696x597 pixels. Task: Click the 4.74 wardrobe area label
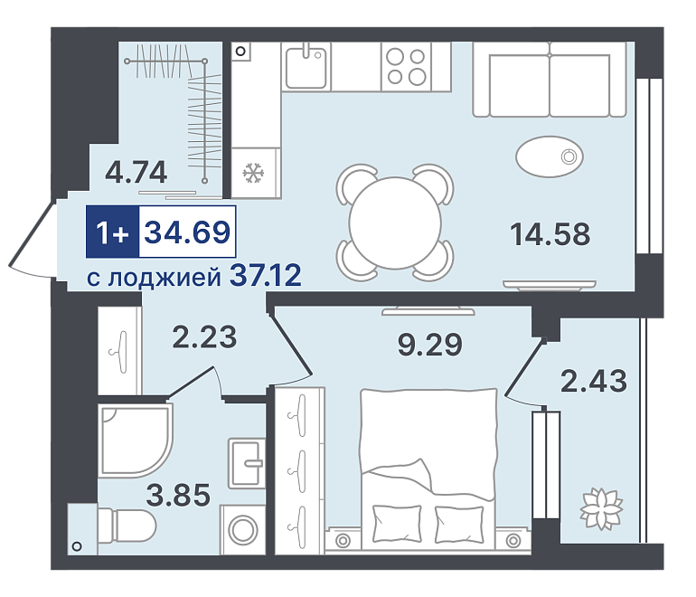[x=136, y=172]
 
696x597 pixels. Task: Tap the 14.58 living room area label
[x=550, y=234]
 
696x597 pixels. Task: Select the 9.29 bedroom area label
[x=429, y=345]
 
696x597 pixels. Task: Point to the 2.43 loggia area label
[x=594, y=381]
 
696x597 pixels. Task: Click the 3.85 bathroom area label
[x=178, y=495]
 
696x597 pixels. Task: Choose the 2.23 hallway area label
[x=204, y=336]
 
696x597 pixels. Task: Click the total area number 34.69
[x=187, y=232]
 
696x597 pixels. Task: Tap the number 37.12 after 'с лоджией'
[x=266, y=275]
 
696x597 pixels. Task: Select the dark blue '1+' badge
[x=113, y=232]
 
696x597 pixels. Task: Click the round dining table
[x=395, y=223]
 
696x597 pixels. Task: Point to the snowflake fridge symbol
[x=253, y=173]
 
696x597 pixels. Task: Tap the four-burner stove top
[x=406, y=67]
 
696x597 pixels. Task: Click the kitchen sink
[x=306, y=67]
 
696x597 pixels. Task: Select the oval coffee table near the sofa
[x=550, y=156]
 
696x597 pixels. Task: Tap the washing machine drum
[x=243, y=530]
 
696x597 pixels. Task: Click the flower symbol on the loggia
[x=601, y=508]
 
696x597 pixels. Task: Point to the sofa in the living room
[x=550, y=80]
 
